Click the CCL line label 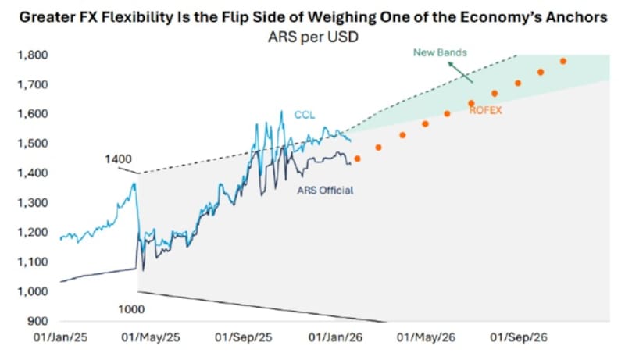click(304, 115)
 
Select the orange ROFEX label click(485, 111)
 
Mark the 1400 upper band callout click(119, 159)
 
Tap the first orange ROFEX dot click(357, 159)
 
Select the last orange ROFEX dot click(563, 61)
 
